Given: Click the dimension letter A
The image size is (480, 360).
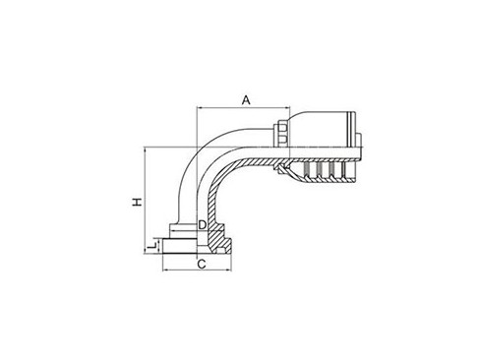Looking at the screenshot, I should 248,98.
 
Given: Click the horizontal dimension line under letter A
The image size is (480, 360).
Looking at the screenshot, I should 236,108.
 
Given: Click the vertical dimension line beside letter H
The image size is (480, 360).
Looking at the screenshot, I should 147,197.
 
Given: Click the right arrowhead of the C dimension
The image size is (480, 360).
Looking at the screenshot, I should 232,258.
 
